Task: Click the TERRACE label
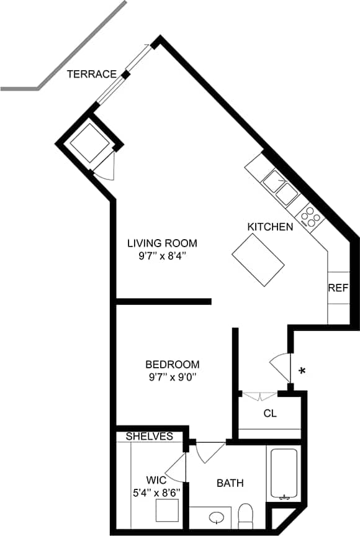92,75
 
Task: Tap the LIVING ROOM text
162,243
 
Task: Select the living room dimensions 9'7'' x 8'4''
162,256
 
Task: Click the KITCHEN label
270,227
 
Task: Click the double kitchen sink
281,189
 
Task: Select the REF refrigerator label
338,288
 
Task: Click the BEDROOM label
173,364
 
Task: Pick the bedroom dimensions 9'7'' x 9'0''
173,377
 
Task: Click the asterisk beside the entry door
302,372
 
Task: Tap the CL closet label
270,414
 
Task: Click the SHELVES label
150,437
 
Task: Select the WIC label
156,480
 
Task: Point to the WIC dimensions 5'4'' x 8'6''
156,492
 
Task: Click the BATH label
230,483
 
